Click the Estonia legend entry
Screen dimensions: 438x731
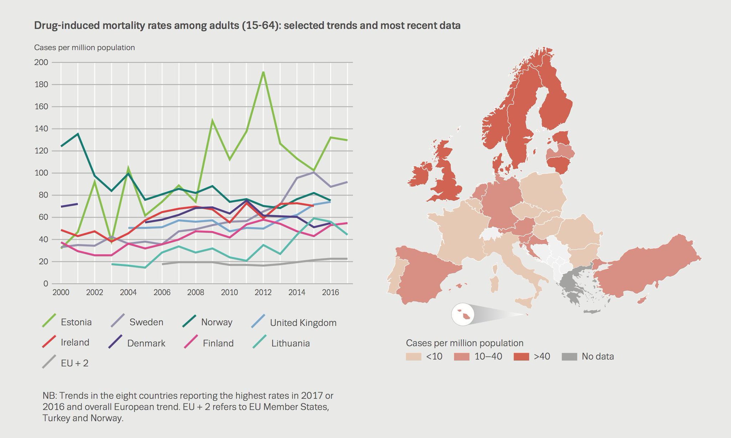click(76, 322)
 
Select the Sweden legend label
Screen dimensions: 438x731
click(146, 322)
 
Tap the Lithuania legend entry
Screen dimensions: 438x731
click(290, 343)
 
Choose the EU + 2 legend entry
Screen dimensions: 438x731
click(74, 363)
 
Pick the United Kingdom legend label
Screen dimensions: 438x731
click(303, 323)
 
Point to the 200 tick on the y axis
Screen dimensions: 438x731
click(41, 62)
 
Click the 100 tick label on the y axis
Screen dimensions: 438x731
click(41, 173)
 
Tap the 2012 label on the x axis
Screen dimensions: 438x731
click(263, 292)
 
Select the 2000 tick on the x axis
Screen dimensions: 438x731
click(61, 292)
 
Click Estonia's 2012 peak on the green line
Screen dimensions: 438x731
click(263, 72)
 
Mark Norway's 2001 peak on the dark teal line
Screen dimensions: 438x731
click(78, 134)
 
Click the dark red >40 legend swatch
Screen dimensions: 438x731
click(521, 356)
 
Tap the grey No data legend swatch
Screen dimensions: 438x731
click(569, 356)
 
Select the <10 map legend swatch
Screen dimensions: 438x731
click(413, 356)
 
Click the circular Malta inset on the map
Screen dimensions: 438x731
click(463, 315)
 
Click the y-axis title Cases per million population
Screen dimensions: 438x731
click(85, 47)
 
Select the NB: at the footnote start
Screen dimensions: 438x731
click(50, 396)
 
